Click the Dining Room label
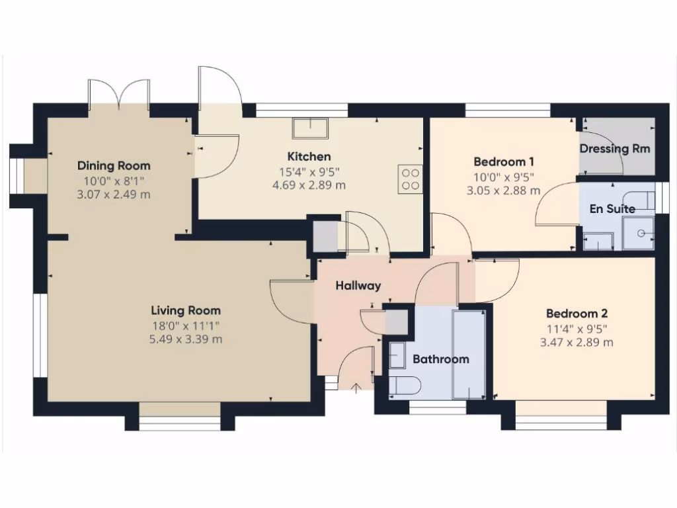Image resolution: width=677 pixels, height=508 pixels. pyautogui.click(x=114, y=165)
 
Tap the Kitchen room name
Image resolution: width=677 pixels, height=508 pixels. pyautogui.click(x=309, y=157)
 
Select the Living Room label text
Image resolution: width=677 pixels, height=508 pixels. pyautogui.click(x=186, y=310)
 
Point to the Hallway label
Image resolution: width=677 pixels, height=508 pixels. pyautogui.click(x=358, y=286)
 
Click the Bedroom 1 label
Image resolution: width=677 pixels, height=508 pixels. pyautogui.click(x=504, y=161)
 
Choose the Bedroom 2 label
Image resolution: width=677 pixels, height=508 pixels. pyautogui.click(x=577, y=314)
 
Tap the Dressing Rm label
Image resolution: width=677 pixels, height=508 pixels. pyautogui.click(x=614, y=148)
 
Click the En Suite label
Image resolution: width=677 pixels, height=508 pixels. pyautogui.click(x=612, y=209)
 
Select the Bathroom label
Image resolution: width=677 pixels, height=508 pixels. pyautogui.click(x=440, y=359)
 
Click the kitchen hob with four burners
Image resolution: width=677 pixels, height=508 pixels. pyautogui.click(x=410, y=179)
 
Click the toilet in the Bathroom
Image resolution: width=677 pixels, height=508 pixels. pyautogui.click(x=403, y=386)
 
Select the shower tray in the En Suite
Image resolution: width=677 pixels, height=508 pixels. pyautogui.click(x=639, y=233)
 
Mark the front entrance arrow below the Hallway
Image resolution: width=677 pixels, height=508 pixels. pyautogui.click(x=357, y=388)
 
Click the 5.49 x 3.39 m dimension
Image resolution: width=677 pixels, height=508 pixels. pyautogui.click(x=186, y=339)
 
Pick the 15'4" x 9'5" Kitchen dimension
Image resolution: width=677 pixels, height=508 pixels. pyautogui.click(x=309, y=171)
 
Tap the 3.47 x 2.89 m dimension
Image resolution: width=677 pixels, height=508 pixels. pyautogui.click(x=577, y=342)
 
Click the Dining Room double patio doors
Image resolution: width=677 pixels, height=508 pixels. pyautogui.click(x=119, y=95)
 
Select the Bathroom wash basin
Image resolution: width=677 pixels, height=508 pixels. pyautogui.click(x=397, y=356)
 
